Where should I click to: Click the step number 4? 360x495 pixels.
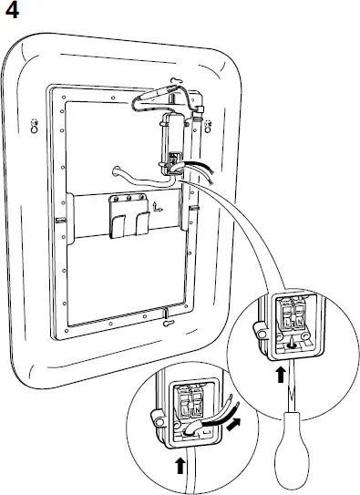click(x=12, y=12)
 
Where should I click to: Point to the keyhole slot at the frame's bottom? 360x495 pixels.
click(x=169, y=321)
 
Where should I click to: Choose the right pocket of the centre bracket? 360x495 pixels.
click(x=140, y=225)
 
